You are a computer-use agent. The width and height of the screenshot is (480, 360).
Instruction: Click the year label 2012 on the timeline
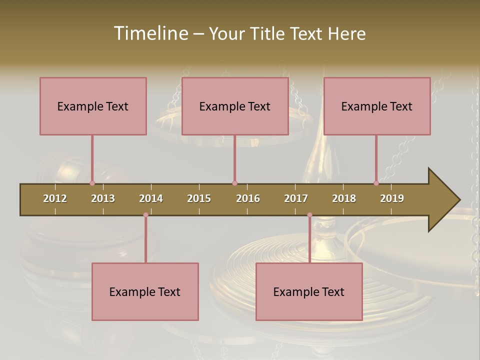(55, 198)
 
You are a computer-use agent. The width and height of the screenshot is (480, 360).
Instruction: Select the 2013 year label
(103, 198)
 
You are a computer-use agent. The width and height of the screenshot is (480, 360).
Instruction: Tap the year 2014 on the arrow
(151, 198)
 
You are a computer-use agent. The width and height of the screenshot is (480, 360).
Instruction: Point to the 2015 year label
(199, 198)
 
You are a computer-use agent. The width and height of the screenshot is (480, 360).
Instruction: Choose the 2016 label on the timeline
(248, 198)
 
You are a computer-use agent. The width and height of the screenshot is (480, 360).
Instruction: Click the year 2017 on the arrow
(296, 198)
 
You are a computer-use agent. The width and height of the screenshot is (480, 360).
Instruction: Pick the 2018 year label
(344, 198)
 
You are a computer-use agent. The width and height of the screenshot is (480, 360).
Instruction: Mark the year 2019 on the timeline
(392, 198)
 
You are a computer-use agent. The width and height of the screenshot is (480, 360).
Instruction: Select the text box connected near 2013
(93, 106)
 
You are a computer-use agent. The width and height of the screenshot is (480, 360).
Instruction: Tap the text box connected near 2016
(235, 106)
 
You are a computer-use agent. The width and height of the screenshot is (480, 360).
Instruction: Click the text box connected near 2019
(377, 106)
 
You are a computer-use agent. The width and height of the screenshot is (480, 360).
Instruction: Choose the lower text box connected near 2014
(145, 291)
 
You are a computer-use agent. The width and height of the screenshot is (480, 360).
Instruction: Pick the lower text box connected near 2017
(309, 291)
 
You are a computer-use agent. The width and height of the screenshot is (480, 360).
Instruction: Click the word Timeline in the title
(150, 33)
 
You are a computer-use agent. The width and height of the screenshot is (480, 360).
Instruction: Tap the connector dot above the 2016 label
(234, 183)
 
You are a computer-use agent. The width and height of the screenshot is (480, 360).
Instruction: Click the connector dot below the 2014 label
(145, 215)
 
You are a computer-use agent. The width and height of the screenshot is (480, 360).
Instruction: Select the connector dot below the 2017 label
(309, 215)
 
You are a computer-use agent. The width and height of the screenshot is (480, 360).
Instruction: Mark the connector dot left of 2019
(376, 183)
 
